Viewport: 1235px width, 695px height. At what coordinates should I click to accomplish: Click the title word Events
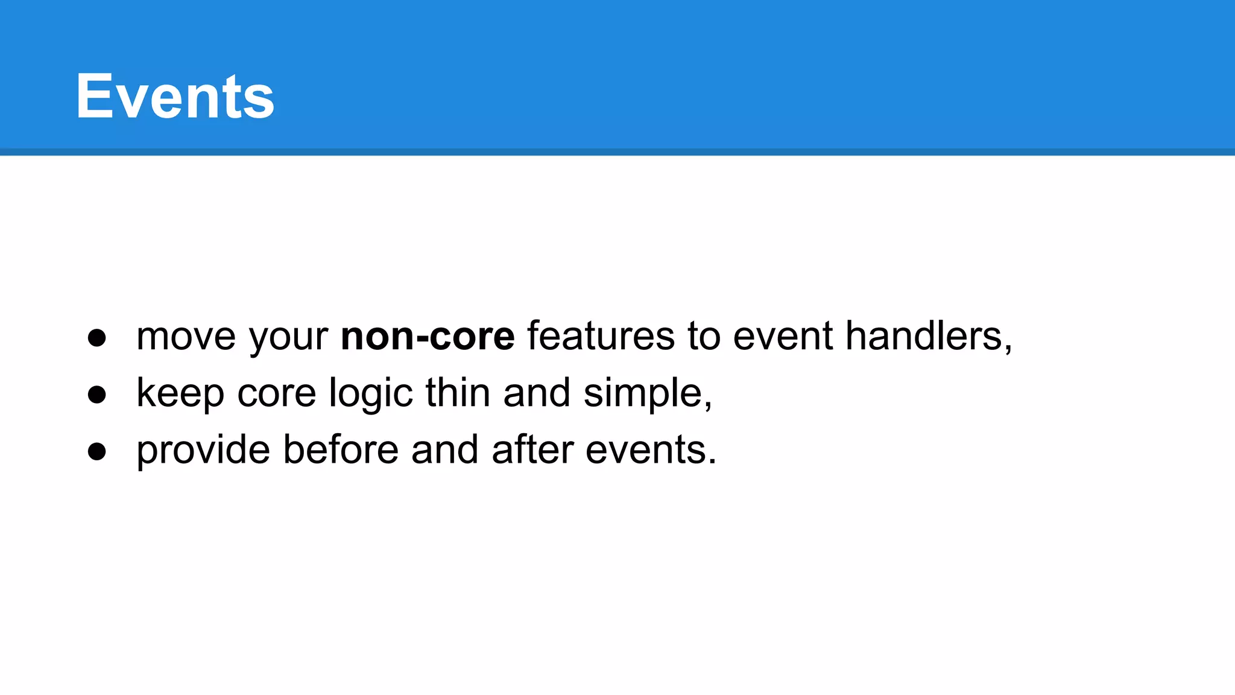(175, 97)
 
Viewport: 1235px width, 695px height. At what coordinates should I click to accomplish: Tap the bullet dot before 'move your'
(96, 338)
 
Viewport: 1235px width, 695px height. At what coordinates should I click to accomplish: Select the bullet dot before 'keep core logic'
(96, 395)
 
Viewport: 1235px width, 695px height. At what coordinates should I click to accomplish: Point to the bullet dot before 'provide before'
(96, 451)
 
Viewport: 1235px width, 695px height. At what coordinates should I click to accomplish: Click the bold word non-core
(428, 337)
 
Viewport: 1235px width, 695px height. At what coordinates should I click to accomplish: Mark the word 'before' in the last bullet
(341, 450)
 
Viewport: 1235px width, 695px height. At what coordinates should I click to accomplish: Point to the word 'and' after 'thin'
(537, 393)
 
